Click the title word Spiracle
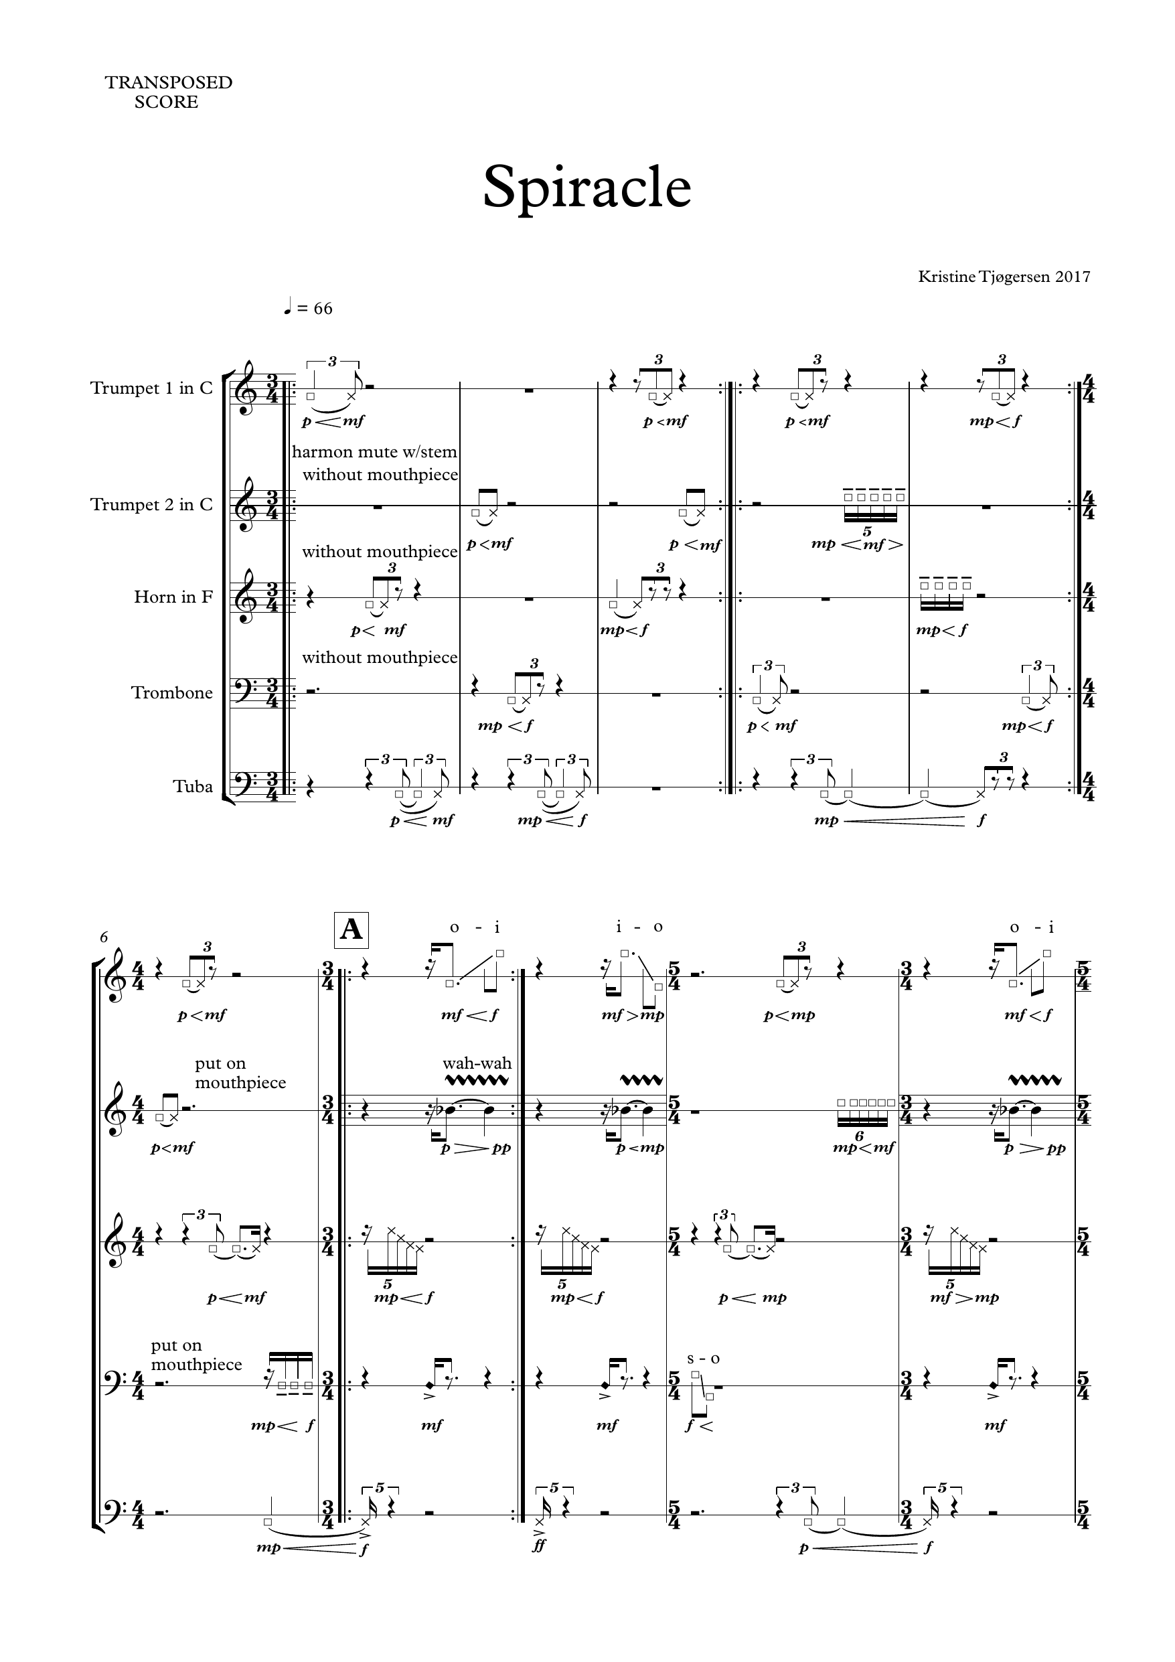587,188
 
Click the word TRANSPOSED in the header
169,82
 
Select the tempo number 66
323,309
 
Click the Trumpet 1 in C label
152,388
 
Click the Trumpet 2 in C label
152,504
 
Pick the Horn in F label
174,597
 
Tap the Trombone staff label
172,693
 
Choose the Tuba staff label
193,787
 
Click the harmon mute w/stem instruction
375,453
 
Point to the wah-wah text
477,1063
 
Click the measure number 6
104,937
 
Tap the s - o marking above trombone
704,1359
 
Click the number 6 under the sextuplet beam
860,1136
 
